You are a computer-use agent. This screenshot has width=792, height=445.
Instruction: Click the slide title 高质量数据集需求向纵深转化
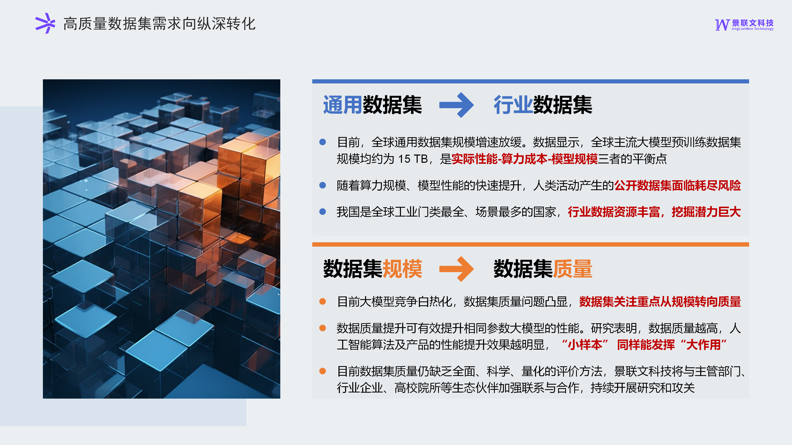(x=159, y=24)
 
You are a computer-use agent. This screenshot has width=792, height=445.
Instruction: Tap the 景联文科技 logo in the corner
(x=744, y=25)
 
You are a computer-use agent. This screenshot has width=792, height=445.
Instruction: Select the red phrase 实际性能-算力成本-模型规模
(x=524, y=159)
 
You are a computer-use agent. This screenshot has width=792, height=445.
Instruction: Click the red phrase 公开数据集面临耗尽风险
(x=678, y=185)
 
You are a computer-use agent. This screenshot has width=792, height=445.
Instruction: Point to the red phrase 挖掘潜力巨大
(x=706, y=212)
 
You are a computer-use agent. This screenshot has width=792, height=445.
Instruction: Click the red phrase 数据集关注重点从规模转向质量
(x=660, y=302)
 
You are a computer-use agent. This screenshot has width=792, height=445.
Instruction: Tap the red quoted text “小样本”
(x=585, y=345)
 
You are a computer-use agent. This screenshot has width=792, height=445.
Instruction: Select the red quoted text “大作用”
(x=704, y=345)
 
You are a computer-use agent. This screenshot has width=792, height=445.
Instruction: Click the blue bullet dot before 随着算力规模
(x=323, y=185)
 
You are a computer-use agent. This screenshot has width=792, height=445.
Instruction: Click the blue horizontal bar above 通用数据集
(x=530, y=81)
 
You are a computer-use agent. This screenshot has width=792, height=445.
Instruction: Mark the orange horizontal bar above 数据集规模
(x=530, y=245)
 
